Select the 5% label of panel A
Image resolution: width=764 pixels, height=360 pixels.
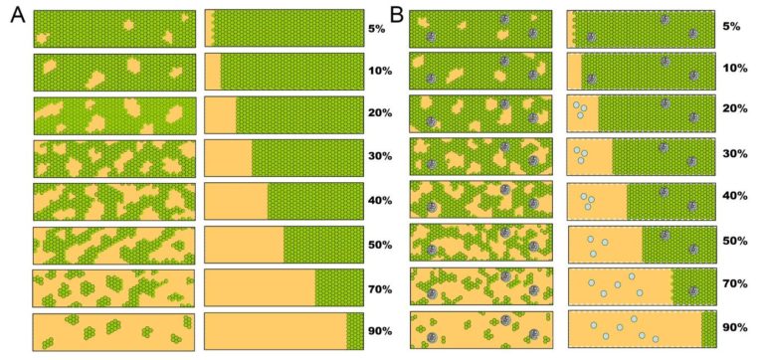[x=377, y=28]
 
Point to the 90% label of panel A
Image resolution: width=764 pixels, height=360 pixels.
[x=380, y=331]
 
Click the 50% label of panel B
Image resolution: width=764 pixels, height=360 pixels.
[x=735, y=241]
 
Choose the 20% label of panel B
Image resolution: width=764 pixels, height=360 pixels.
[x=735, y=109]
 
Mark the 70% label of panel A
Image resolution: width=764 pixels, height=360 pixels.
[x=380, y=289]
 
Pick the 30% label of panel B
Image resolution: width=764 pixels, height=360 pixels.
[x=735, y=154]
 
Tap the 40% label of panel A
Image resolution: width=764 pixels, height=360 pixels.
[x=380, y=201]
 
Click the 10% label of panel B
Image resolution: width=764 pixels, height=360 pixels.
[x=735, y=69]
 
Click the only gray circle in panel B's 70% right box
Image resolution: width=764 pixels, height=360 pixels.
[x=693, y=290]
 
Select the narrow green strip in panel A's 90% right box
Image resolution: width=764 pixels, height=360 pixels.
[x=355, y=331]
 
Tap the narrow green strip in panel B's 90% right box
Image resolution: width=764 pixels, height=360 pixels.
[x=708, y=329]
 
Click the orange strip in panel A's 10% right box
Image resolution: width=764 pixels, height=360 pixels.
[x=213, y=72]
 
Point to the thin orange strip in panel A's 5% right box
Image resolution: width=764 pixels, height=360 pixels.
[x=210, y=28]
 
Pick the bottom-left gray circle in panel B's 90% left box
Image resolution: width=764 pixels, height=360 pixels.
[x=432, y=337]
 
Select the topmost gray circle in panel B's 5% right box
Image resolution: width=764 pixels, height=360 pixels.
[x=665, y=20]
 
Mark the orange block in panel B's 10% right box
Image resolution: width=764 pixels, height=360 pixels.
[x=575, y=72]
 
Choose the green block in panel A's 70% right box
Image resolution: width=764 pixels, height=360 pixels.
[x=339, y=288]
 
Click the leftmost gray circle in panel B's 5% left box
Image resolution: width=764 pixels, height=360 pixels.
[x=431, y=37]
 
